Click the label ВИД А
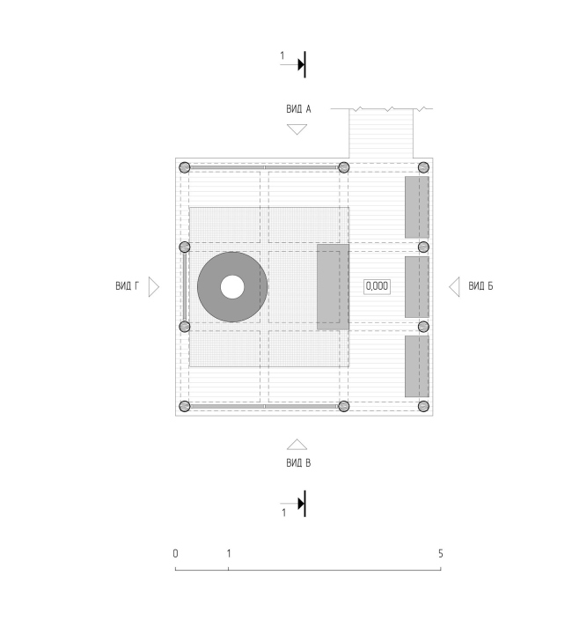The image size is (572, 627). tap(298, 109)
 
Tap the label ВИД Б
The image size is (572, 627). tap(480, 286)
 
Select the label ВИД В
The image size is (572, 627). tap(298, 463)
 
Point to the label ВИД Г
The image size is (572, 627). tap(127, 286)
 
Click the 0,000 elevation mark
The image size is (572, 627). tap(377, 286)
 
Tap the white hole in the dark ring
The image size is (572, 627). tap(232, 287)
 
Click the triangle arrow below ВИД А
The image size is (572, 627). tap(297, 129)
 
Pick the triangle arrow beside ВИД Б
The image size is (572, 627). tap(454, 287)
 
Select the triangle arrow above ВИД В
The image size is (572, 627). tap(297, 444)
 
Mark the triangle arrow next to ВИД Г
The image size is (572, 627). tap(154, 287)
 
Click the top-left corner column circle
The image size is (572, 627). tap(184, 167)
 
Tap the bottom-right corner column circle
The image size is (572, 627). tap(423, 406)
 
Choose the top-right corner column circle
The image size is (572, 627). tap(423, 167)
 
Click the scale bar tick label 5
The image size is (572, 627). tap(441, 554)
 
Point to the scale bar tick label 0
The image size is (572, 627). tap(175, 554)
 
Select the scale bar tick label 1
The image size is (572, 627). tap(229, 554)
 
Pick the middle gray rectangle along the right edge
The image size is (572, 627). tap(417, 287)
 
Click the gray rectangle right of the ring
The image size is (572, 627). tap(333, 287)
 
